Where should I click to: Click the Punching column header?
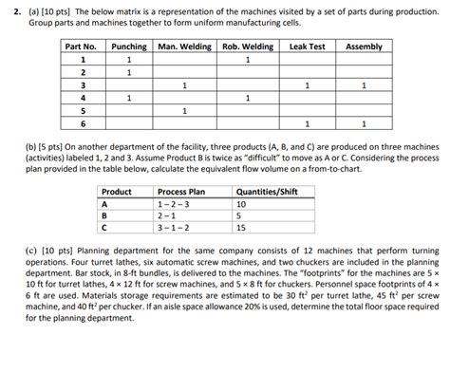coord(127,46)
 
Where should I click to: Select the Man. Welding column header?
coord(183,46)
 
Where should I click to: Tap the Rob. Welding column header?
coord(247,46)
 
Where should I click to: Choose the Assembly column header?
coord(365,46)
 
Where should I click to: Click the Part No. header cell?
coord(82,46)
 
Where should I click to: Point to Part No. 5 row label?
coord(82,110)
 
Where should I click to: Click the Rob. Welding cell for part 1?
coord(247,59)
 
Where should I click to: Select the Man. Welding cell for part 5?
coord(183,110)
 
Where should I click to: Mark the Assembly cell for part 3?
coord(365,84)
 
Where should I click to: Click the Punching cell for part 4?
coord(127,98)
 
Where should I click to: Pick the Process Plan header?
coord(178,192)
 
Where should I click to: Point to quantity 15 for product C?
coord(241,228)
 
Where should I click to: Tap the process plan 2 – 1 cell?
coord(168,215)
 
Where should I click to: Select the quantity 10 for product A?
coord(241,204)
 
